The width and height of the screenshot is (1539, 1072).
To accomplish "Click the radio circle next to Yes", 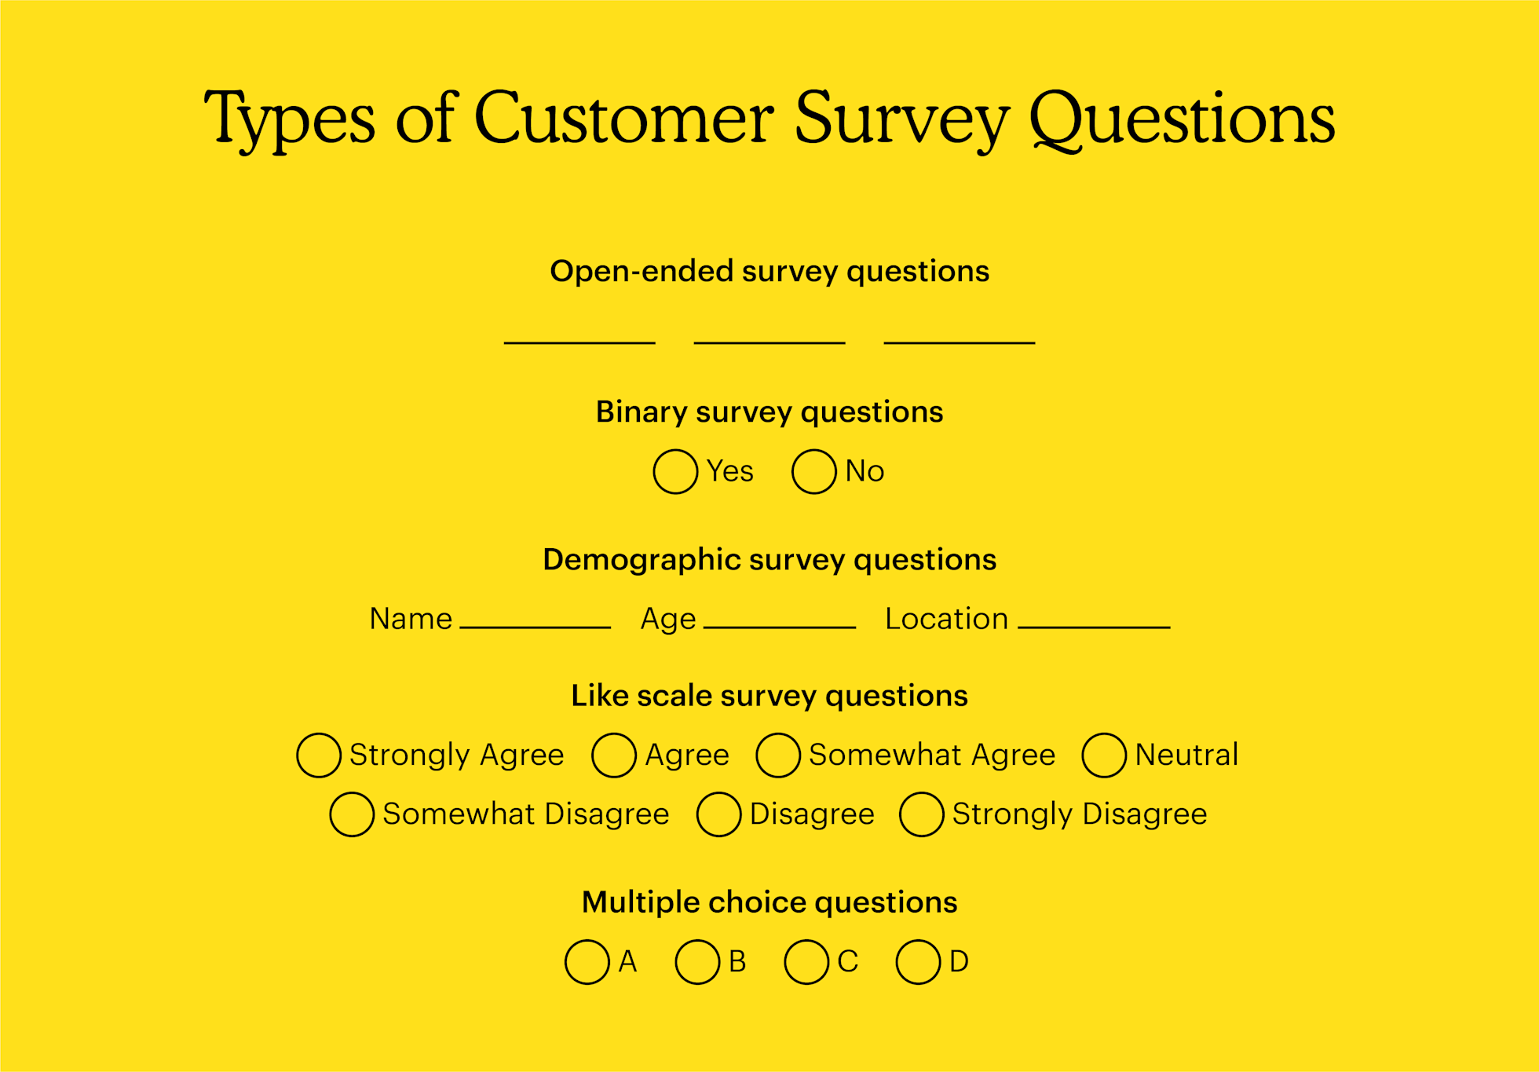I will pos(675,471).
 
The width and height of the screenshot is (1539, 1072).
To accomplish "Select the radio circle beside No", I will pos(813,471).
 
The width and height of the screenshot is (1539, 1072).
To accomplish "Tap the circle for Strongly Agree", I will pos(319,755).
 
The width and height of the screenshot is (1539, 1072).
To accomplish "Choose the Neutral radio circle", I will pos(1104,755).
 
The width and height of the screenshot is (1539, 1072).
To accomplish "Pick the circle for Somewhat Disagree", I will pos(352,814).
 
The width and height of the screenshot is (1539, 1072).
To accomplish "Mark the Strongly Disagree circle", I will pos(921,814).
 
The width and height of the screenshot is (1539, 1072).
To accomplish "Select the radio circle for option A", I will pos(587,961).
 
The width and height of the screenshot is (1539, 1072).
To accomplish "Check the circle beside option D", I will pos(919,961).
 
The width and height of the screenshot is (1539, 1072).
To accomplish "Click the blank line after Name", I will pos(535,626).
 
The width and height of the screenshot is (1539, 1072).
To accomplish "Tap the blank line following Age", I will pos(779,626).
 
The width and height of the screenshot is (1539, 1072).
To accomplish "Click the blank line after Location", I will pos(1094,626).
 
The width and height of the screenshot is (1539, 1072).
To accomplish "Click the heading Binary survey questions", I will pos(769,412).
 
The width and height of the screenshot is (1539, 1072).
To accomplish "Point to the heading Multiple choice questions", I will pos(769,902).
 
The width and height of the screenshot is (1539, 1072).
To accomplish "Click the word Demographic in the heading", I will pos(642,560).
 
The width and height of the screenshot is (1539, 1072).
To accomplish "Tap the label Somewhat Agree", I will pos(932,755).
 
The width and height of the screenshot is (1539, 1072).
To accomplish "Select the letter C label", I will pos(848,961).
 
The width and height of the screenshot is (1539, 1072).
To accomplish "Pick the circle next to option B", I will pos(697,961).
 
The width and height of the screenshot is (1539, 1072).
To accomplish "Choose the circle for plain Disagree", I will pos(718,814).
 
